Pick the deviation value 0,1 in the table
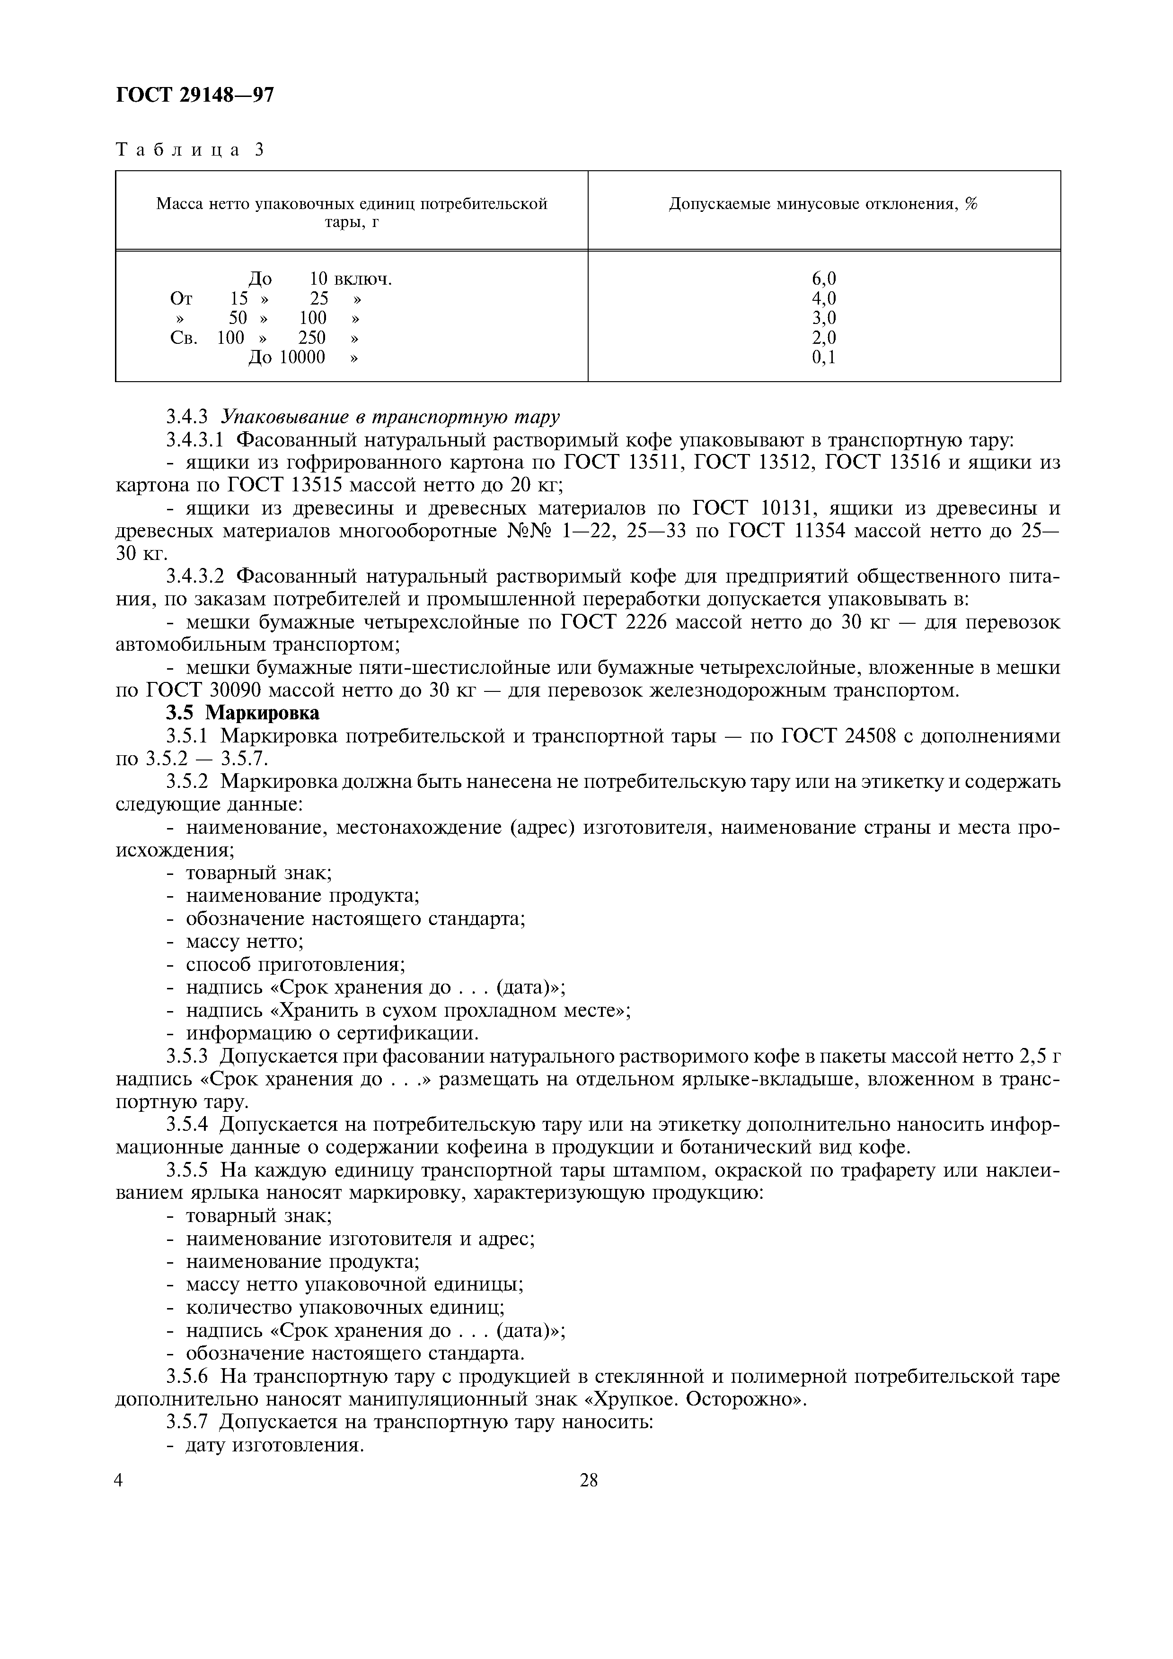(823, 357)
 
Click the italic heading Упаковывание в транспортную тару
(390, 417)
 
